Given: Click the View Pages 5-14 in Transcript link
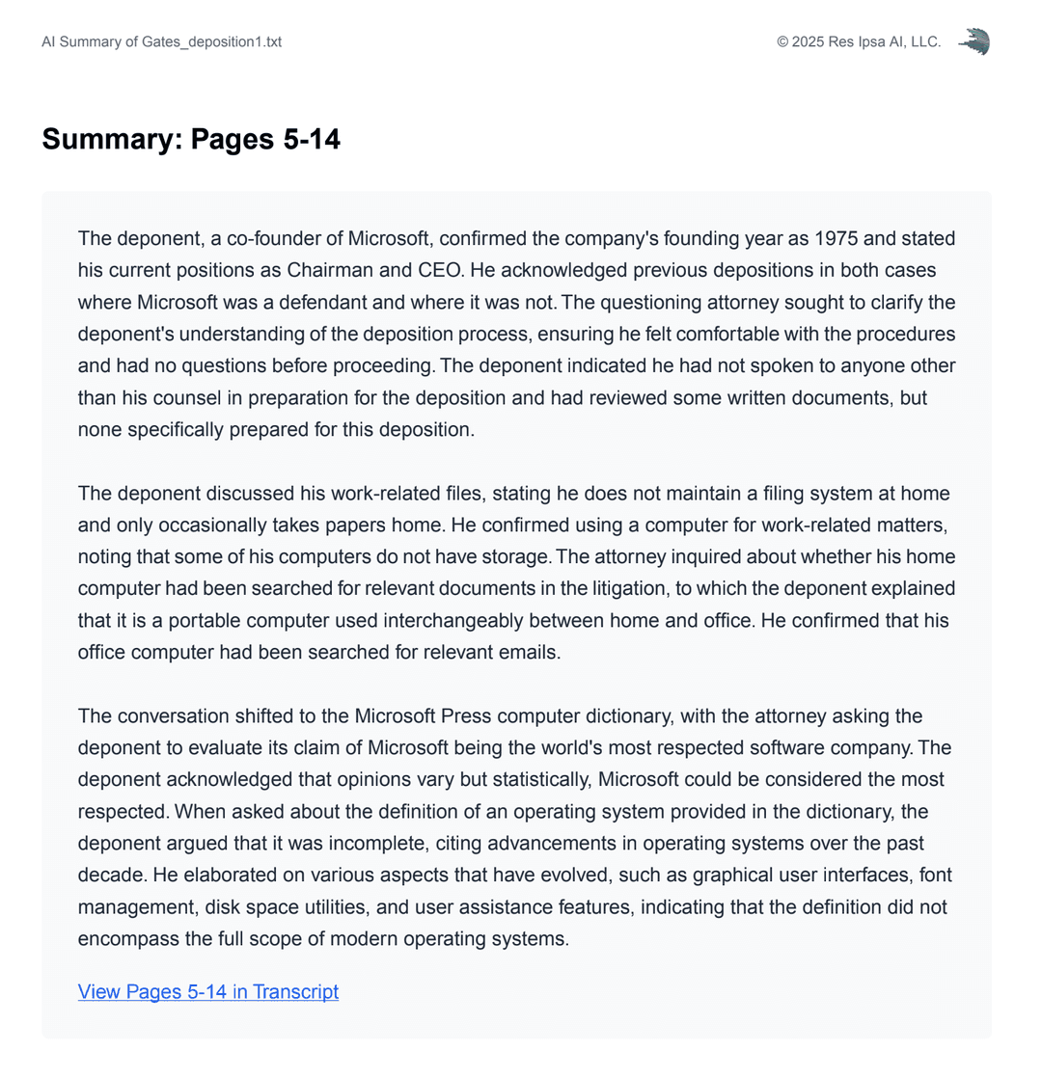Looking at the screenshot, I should point(208,991).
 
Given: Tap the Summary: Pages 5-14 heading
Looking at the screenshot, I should point(191,139).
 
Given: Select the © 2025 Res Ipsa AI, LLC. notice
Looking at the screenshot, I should point(859,41).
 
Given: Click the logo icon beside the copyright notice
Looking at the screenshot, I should point(973,41).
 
